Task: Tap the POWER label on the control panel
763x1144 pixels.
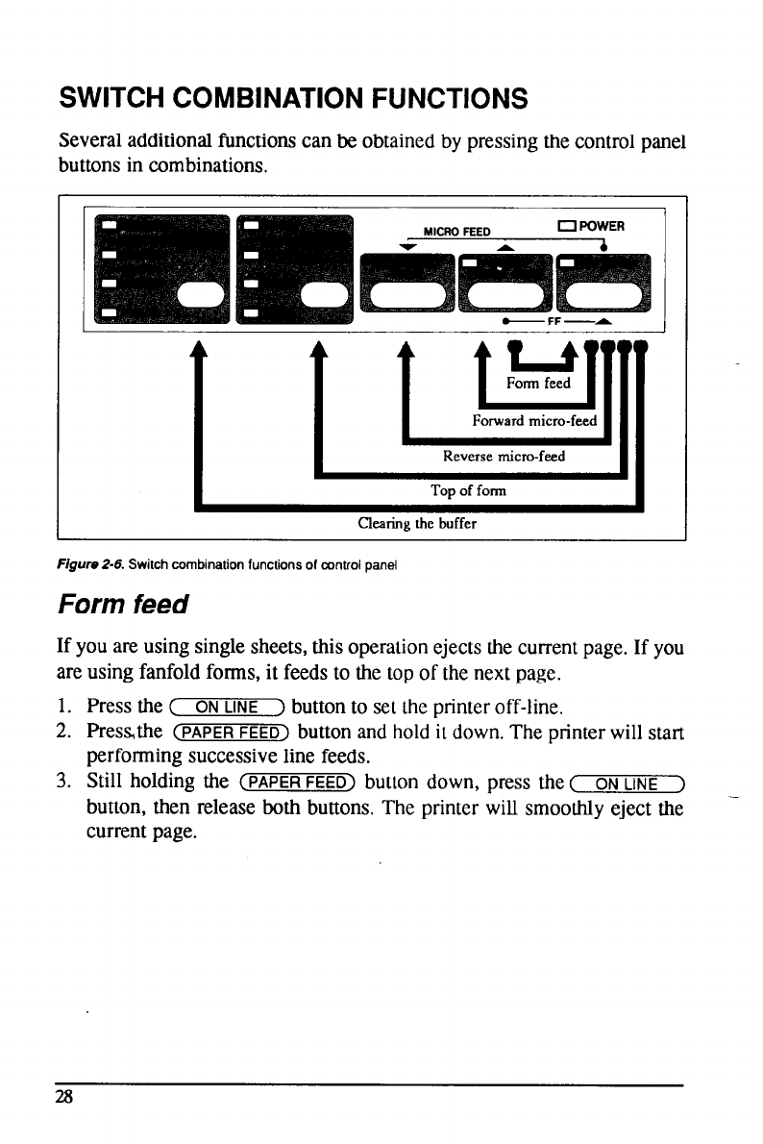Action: click(x=603, y=228)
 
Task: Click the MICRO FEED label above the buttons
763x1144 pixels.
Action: click(x=457, y=231)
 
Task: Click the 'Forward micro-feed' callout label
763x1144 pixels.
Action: click(x=534, y=421)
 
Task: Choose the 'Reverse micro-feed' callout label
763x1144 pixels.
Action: click(x=505, y=457)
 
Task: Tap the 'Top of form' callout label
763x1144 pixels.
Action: click(x=469, y=491)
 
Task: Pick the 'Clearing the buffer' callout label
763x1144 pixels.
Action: click(x=417, y=525)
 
